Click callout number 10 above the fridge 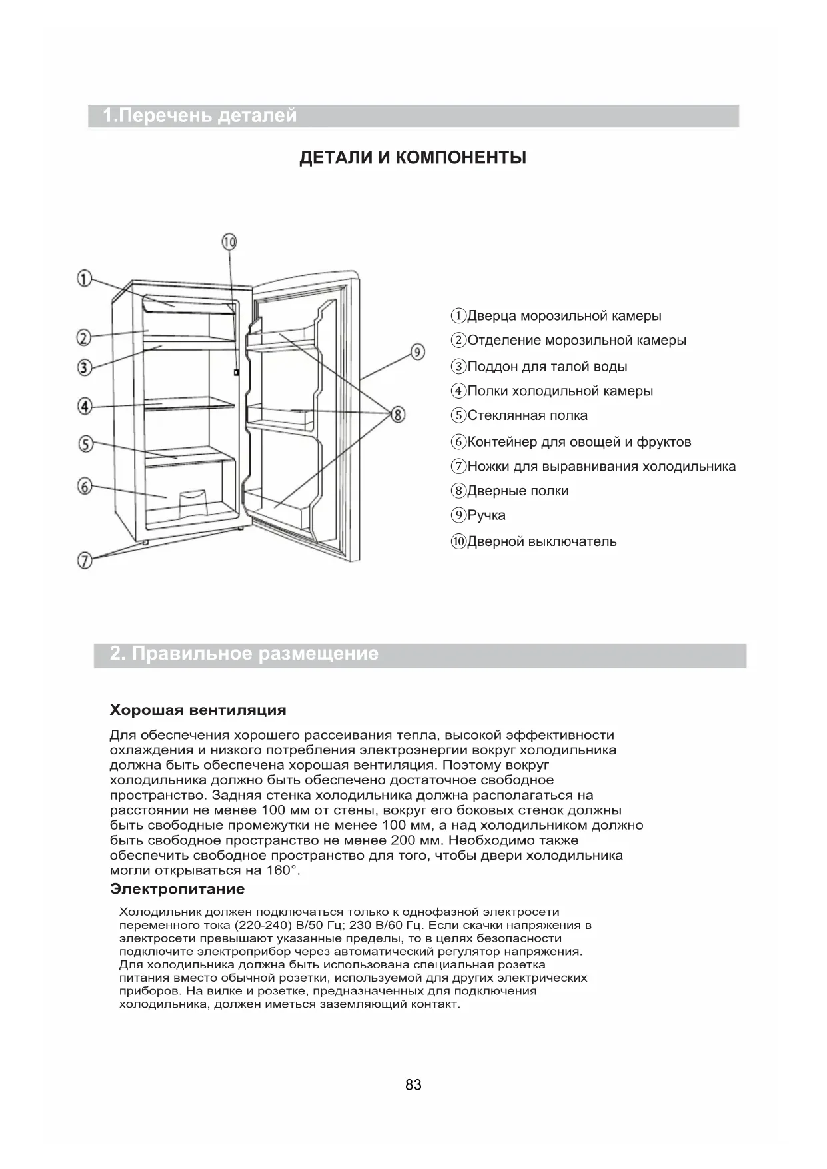229,242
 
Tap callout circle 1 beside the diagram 84,279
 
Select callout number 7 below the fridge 85,561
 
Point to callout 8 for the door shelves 397,415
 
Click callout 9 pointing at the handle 417,351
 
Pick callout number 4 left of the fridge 85,405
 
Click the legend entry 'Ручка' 486,515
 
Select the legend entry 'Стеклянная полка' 527,416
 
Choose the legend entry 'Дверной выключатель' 541,541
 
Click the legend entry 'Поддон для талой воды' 546,367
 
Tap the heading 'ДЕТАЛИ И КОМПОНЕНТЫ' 413,158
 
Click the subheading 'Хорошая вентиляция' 198,710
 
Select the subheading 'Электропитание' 177,889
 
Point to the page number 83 413,1085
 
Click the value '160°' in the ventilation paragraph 283,870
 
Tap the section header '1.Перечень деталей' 200,116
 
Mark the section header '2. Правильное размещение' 244,654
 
